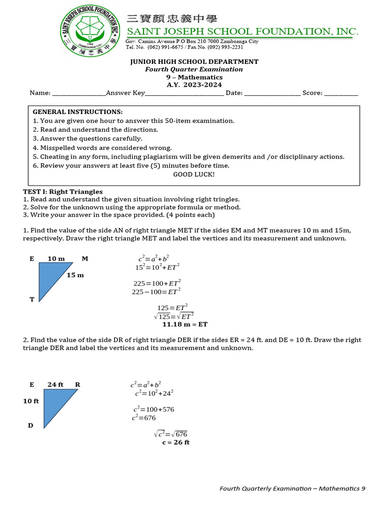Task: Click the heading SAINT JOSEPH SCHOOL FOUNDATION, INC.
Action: [x=242, y=32]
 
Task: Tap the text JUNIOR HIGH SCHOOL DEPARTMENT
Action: [x=194, y=62]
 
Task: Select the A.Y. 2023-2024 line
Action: [x=194, y=85]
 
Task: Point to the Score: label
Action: [x=313, y=93]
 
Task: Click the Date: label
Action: [x=234, y=93]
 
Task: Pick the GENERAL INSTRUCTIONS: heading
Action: [x=77, y=112]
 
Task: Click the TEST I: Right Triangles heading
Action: [x=63, y=192]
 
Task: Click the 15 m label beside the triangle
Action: [x=75, y=275]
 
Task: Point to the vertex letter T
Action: [x=32, y=300]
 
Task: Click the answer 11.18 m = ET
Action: [x=184, y=324]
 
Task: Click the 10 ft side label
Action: [x=31, y=401]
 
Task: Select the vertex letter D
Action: [x=30, y=426]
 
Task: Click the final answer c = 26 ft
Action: [x=176, y=442]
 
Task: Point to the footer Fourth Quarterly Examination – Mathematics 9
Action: [x=292, y=489]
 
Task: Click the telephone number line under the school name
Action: [x=184, y=47]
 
